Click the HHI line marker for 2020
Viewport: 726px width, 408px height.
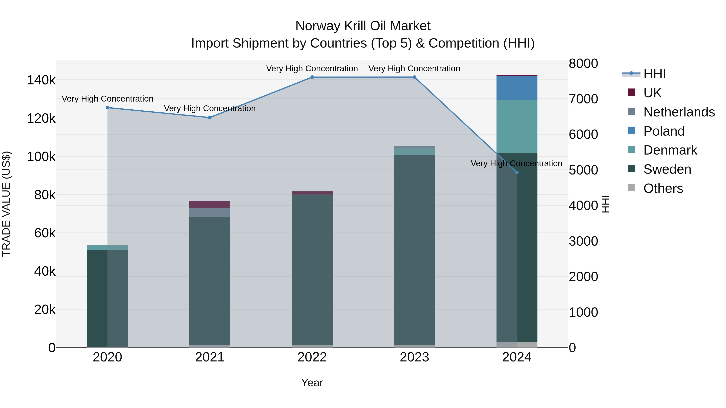tap(107, 108)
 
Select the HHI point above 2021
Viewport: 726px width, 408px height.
tap(210, 117)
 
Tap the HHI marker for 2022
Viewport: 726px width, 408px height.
tap(312, 77)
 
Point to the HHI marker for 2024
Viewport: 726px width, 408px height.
tap(517, 172)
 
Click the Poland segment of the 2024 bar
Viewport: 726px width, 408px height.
tap(517, 88)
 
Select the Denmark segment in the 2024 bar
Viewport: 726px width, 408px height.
tap(517, 126)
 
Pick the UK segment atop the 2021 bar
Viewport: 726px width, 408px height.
tap(210, 204)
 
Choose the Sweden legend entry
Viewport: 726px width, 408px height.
tap(667, 169)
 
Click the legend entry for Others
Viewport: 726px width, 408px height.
tap(663, 188)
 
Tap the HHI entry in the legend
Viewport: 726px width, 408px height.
tap(654, 74)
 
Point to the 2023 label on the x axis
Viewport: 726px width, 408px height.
tap(414, 357)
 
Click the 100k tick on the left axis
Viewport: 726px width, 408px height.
tap(41, 157)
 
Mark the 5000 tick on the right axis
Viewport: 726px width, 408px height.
tap(583, 170)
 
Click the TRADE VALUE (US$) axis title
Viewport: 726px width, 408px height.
tap(6, 204)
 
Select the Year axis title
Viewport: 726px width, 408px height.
tap(312, 383)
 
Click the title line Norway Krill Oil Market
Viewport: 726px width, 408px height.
tap(363, 26)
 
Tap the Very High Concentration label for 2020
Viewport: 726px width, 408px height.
tap(107, 99)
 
